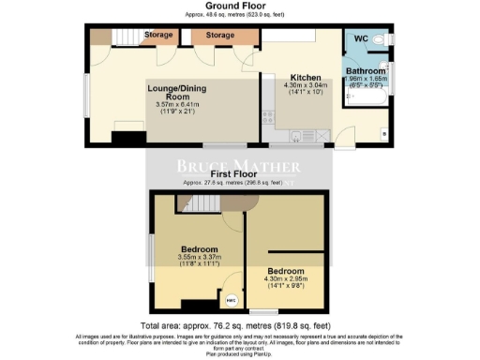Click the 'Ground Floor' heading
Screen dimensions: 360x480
[239, 7]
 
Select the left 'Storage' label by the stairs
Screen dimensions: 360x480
[157, 36]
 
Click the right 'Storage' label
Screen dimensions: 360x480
[219, 36]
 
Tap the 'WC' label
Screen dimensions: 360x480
[361, 39]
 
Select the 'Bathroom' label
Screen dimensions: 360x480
[365, 71]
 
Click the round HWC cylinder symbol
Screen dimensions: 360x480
[230, 300]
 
